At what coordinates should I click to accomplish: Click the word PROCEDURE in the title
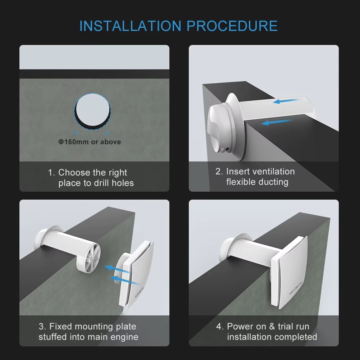(232, 26)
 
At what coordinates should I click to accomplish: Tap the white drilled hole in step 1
(93, 110)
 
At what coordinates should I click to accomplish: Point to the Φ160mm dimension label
(90, 142)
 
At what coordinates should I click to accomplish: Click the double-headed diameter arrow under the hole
(92, 133)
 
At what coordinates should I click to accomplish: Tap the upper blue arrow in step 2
(286, 101)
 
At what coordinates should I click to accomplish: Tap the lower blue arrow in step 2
(277, 122)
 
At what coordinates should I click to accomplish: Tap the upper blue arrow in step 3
(117, 269)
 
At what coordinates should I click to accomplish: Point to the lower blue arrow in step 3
(125, 281)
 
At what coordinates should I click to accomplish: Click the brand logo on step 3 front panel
(139, 292)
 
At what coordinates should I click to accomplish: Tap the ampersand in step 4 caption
(272, 326)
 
